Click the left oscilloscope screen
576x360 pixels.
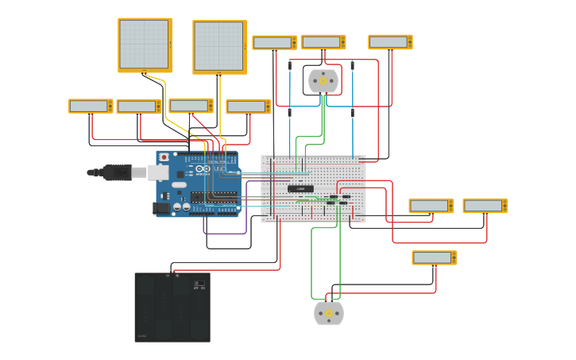(x=145, y=45)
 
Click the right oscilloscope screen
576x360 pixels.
(x=219, y=46)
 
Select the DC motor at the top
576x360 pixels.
(x=323, y=81)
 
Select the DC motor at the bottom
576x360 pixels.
(x=329, y=313)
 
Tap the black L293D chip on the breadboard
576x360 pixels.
(x=300, y=188)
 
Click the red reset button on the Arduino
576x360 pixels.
(x=164, y=157)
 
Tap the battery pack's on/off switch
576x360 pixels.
(x=199, y=284)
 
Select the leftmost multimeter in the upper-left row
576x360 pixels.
(x=91, y=106)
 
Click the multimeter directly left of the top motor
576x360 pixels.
(x=274, y=42)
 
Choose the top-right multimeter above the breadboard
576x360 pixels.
(x=390, y=41)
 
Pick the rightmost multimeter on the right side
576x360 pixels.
(x=485, y=206)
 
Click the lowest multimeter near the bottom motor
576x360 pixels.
(x=434, y=257)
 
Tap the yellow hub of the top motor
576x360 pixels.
(x=323, y=81)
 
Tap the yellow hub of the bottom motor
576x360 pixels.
(x=329, y=313)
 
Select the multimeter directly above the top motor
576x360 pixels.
(x=323, y=42)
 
